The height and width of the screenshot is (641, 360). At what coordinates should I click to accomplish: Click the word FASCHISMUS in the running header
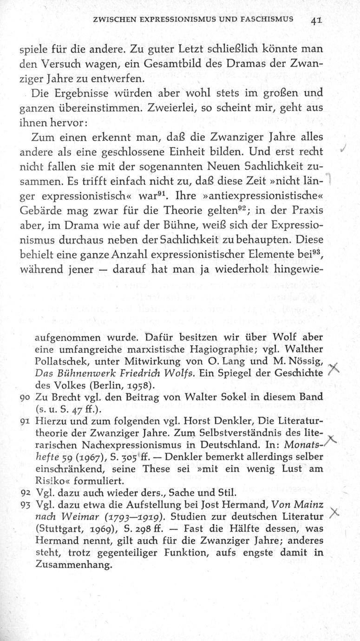tap(262, 20)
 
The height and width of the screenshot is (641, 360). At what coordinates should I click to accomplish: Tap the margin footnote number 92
tap(26, 493)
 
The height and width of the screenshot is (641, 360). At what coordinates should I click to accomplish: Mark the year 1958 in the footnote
tap(140, 385)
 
